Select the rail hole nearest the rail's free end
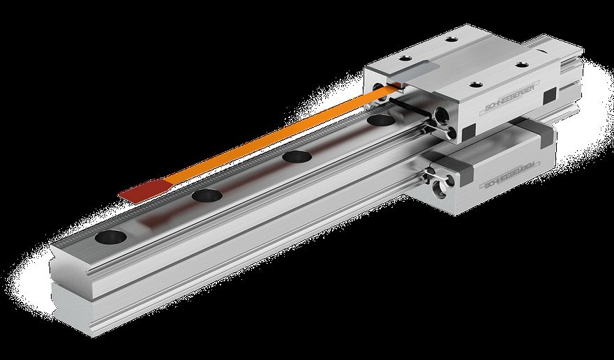112,237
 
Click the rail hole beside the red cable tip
207,195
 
